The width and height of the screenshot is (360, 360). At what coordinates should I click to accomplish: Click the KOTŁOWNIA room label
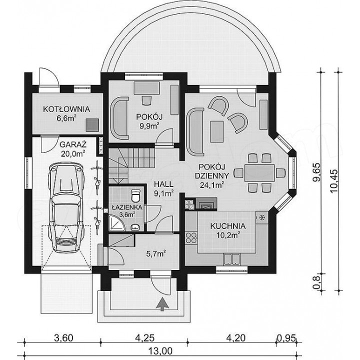pos(66,109)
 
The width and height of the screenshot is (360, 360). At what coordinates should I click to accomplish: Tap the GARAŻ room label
pos(73,144)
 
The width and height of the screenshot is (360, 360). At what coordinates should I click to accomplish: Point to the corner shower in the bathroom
pos(116,223)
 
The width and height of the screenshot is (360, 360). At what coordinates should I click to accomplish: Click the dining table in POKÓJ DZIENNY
pos(259,172)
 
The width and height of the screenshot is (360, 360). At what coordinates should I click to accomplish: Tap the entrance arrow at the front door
pos(162,304)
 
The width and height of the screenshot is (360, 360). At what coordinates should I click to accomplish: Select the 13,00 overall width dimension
pos(160,351)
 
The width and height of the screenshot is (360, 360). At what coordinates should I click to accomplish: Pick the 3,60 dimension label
pos(63,338)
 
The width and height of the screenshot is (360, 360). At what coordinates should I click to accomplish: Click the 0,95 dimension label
pos(286,338)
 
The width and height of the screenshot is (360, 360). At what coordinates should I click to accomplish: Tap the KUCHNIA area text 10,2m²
pos(228,235)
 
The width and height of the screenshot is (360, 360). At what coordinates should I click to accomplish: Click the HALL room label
pos(163,184)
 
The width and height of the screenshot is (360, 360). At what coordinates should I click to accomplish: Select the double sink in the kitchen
pos(231,259)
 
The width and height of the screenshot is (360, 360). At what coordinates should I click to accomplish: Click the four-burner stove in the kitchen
pos(191,238)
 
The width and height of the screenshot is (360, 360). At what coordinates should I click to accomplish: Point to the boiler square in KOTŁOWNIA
pos(92,125)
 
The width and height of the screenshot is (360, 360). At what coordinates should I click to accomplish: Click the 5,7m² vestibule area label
pos(156,253)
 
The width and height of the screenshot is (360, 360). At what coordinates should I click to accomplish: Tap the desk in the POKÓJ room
pos(146,88)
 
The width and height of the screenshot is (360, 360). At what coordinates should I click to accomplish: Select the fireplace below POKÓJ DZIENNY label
pos(205,203)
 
